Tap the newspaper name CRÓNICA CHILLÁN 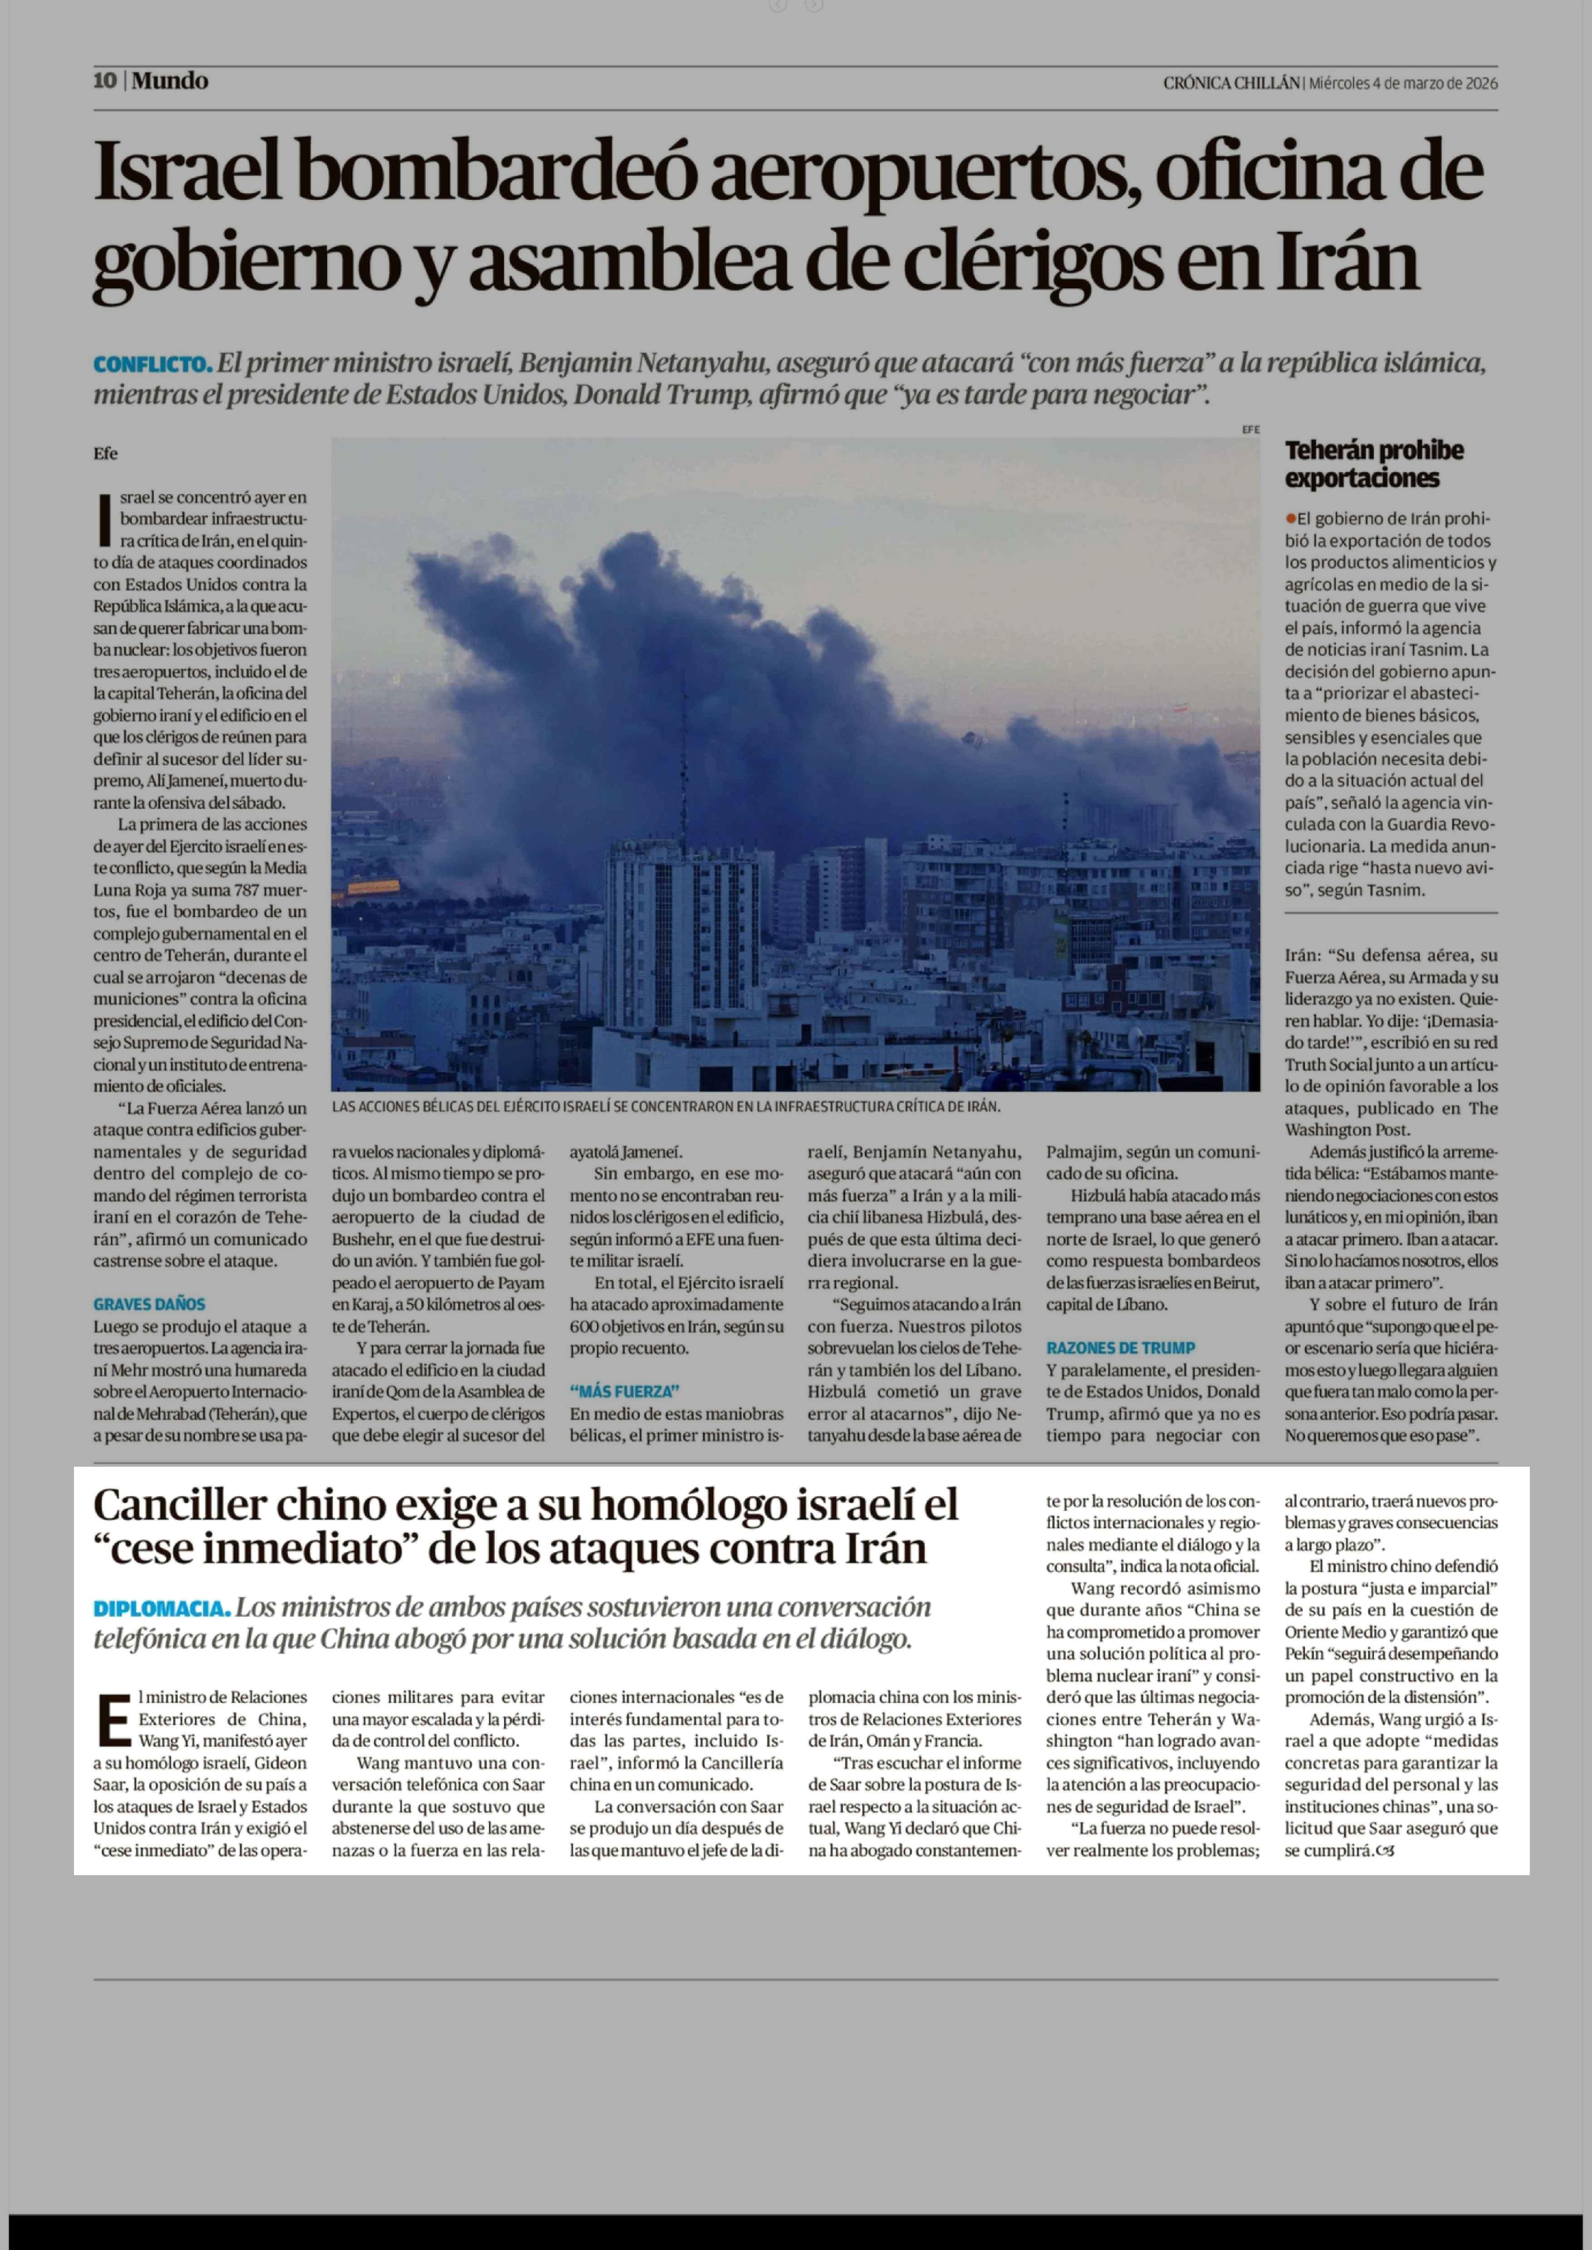(1231, 84)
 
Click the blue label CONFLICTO (152, 365)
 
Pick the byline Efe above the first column (106, 453)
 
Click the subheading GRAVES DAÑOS (149, 1304)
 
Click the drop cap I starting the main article (104, 520)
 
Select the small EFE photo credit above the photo (1250, 429)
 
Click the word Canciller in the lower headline (179, 1505)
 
